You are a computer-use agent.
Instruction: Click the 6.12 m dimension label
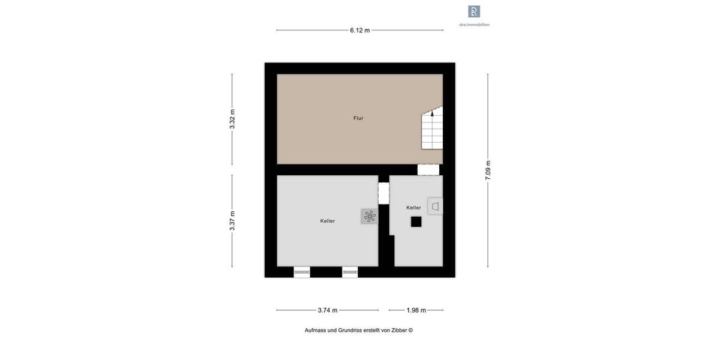(360, 30)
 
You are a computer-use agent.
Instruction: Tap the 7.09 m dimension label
(488, 170)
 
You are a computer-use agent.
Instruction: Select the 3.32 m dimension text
(232, 119)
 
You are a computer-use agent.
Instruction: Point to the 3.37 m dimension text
(232, 221)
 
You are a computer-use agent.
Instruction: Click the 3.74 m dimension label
(328, 310)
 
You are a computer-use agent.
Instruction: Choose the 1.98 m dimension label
(416, 310)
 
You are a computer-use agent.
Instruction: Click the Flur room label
(358, 118)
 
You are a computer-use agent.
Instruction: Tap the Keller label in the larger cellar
(328, 221)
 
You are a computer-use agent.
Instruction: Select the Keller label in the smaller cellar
(413, 208)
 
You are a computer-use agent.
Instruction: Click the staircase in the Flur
(432, 129)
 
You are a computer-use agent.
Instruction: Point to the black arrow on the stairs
(432, 113)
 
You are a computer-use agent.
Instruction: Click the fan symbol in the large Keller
(370, 216)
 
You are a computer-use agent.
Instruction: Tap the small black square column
(416, 221)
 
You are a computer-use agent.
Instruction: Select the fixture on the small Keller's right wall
(436, 206)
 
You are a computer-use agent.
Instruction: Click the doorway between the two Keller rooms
(383, 193)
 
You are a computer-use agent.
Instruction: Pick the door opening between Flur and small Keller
(428, 170)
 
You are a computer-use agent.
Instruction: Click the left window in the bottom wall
(302, 272)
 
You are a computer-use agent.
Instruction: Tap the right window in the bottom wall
(350, 272)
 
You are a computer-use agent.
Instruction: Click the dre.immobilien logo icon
(474, 11)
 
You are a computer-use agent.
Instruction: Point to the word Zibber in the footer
(399, 330)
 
